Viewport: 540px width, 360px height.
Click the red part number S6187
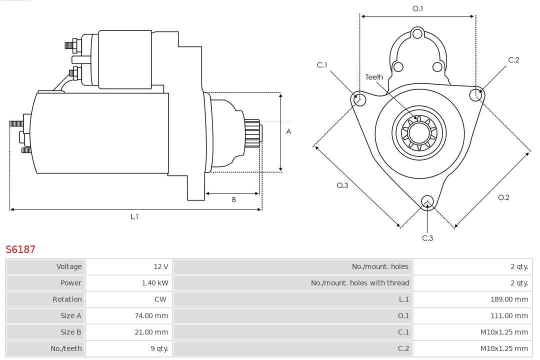pos(20,249)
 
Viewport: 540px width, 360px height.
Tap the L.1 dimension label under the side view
pos(134,216)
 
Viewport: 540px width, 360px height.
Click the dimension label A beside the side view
pos(288,132)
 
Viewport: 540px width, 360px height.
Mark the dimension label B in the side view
pos(233,200)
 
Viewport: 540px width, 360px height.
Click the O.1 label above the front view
pos(417,8)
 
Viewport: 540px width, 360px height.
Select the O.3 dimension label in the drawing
pos(342,185)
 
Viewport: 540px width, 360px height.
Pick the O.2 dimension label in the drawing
pos(503,197)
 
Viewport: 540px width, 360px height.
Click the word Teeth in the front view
pos(374,77)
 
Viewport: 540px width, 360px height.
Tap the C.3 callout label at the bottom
pos(427,238)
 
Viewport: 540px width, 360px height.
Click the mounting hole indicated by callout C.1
pos(358,99)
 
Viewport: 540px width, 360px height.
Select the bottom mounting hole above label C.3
pos(427,201)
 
